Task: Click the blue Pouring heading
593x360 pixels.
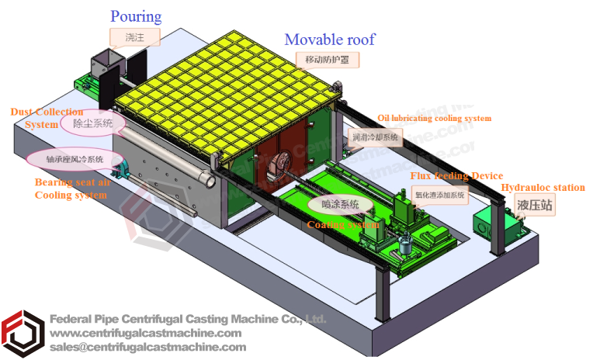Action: (136, 16)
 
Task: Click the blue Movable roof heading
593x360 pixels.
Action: (330, 39)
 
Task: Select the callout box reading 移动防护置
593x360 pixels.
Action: (328, 59)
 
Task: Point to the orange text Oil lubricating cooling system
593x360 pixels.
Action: (434, 118)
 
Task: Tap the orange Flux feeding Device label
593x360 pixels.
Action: (456, 176)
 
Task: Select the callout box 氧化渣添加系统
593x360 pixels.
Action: (439, 196)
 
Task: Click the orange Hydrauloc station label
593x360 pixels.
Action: (543, 188)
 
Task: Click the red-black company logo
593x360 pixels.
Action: (22, 334)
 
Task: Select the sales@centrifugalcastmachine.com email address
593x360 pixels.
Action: (147, 347)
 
